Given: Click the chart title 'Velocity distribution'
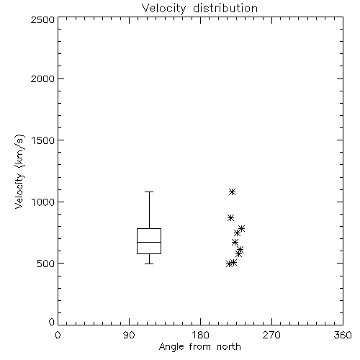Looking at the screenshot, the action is tap(199, 9).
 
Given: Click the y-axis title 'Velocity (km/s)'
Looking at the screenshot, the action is tap(19, 171).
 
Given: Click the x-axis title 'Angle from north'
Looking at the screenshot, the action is tap(199, 347).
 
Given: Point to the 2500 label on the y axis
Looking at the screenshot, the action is tap(42, 19).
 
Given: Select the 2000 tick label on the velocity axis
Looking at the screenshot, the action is tap(42, 78).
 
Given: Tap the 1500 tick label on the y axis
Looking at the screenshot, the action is tap(43, 140).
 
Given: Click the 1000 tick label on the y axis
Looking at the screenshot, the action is tap(43, 202).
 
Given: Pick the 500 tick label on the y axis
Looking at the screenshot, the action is tap(46, 264).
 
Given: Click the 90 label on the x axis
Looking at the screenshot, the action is tap(129, 335).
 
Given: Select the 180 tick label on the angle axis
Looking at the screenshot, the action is tap(200, 335).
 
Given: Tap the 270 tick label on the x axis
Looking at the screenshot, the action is tap(271, 335).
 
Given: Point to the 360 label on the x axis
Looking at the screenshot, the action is tap(343, 335).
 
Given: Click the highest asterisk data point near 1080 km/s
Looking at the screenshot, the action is tap(232, 192).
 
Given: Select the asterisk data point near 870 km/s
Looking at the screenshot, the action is tap(230, 218).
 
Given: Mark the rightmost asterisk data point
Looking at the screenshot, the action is tap(241, 228).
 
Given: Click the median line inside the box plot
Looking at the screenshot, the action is tap(149, 242).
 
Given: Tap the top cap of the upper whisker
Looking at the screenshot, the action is tap(149, 192).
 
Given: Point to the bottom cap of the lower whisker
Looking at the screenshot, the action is tap(149, 264).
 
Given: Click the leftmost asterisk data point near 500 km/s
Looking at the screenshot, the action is tap(230, 264).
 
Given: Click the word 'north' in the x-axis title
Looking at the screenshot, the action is tap(229, 347).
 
